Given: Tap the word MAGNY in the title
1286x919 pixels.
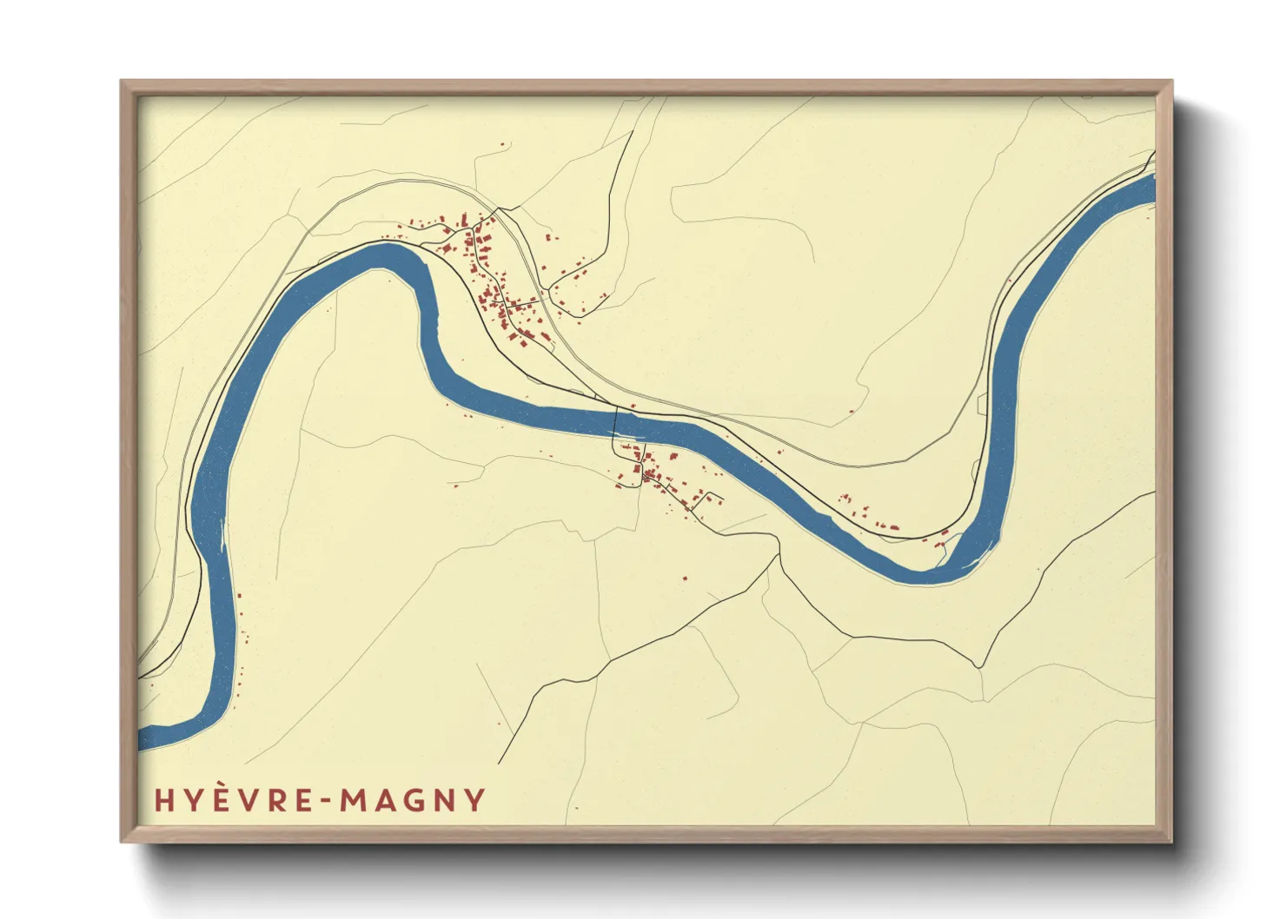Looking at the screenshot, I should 412,800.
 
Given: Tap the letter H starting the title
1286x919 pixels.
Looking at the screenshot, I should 163,800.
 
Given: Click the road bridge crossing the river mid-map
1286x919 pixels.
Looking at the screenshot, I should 616,423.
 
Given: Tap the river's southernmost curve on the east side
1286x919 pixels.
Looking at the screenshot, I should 921,573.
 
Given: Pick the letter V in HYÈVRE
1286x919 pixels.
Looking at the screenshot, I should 250,800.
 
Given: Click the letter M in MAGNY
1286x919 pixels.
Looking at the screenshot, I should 354,800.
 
